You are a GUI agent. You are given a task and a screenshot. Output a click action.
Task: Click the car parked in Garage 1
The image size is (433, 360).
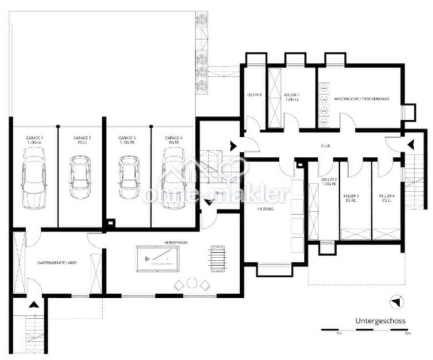coord(34,178)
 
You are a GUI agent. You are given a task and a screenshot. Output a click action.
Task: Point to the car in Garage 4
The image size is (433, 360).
coord(174,178)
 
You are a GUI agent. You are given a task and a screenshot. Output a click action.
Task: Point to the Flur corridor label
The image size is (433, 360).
coord(325,146)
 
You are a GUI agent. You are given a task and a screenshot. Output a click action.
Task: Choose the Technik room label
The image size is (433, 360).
coord(255,95)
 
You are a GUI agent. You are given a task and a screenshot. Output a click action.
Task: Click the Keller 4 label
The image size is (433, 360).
coord(387,198)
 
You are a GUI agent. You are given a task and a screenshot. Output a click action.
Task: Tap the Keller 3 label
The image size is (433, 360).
coord(351,198)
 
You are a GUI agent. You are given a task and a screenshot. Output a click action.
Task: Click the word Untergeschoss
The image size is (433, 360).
coord(380,321)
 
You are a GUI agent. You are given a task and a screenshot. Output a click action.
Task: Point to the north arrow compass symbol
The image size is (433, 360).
coord(396,302)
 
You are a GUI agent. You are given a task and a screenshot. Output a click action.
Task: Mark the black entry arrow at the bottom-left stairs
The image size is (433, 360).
coord(34,305)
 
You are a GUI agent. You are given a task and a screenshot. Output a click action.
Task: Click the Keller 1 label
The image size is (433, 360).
coord(291,97)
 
